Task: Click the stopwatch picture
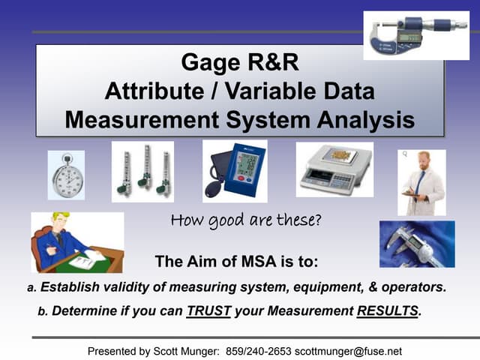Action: point(66,174)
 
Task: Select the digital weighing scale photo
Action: point(334,169)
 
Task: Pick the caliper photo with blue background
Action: point(417,244)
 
